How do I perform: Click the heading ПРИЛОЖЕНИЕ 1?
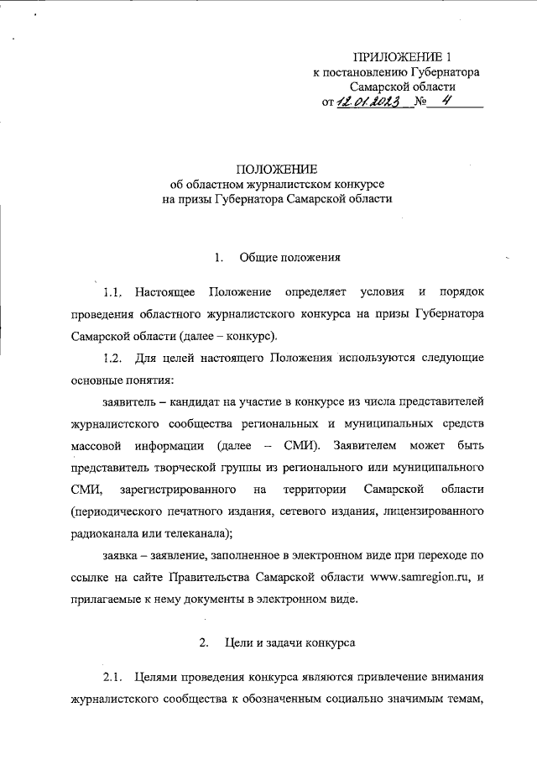tap(402, 57)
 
